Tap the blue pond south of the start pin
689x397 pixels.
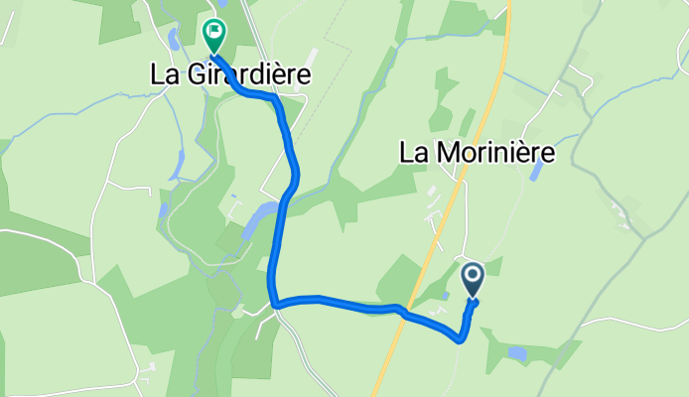click(x=517, y=352)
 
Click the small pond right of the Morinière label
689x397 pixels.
click(x=537, y=170)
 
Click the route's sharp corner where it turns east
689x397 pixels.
click(x=276, y=302)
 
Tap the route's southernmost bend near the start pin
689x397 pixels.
click(x=461, y=339)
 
